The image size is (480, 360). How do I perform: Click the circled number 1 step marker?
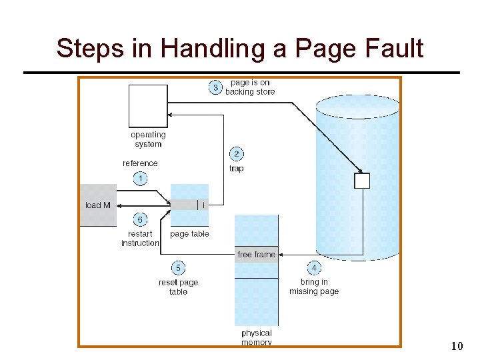[x=140, y=178]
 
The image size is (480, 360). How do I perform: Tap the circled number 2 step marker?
[x=236, y=154]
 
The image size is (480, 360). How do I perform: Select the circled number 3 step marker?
[x=215, y=87]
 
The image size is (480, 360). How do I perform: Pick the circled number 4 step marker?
[x=314, y=268]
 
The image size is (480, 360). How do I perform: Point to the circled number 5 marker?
[x=178, y=268]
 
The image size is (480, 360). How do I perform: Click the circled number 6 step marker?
[x=140, y=219]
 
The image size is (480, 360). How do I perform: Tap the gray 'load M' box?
[x=98, y=205]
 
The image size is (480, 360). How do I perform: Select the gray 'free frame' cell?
[x=256, y=254]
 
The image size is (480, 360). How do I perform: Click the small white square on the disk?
[x=361, y=180]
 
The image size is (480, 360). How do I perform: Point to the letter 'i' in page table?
[x=203, y=205]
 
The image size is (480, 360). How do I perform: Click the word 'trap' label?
[x=236, y=169]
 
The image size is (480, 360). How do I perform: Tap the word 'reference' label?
[x=140, y=163]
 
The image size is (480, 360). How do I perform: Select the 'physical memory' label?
[x=257, y=337]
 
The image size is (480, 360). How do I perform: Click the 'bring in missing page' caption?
[x=314, y=287]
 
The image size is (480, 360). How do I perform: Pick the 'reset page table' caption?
[x=178, y=287]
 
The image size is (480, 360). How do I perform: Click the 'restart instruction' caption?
[x=140, y=239]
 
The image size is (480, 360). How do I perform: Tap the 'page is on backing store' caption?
[x=250, y=87]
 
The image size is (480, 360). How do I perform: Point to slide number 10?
[x=457, y=346]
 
